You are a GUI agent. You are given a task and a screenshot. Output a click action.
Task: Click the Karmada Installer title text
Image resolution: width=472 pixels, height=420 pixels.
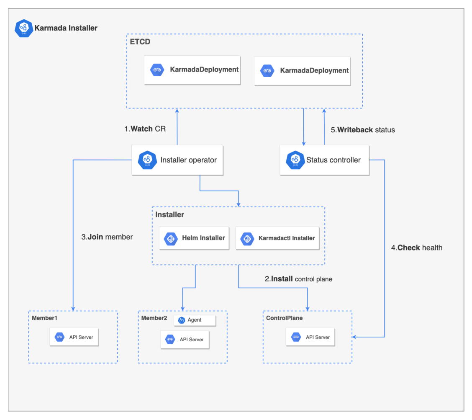click(x=66, y=28)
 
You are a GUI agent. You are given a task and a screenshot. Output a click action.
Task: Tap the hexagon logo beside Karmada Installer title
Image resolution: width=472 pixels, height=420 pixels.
click(x=24, y=28)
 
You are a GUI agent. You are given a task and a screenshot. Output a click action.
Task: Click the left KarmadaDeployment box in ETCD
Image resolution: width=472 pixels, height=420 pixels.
click(x=192, y=70)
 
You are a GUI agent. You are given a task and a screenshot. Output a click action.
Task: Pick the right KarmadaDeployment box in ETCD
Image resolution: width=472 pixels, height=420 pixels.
click(x=303, y=70)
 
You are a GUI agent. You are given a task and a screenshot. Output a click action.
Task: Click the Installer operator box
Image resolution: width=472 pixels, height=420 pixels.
click(x=177, y=160)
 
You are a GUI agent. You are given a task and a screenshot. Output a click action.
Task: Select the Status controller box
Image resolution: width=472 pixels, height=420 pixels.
click(x=324, y=160)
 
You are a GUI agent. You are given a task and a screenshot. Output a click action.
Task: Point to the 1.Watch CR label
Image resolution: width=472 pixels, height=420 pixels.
click(x=145, y=129)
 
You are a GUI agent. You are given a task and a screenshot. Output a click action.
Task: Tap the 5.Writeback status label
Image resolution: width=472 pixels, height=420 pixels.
click(x=363, y=130)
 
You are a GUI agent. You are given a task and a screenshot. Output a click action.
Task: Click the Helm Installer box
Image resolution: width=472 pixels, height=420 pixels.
click(x=194, y=238)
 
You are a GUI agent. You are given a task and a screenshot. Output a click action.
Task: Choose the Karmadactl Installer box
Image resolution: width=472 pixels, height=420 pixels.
click(x=277, y=238)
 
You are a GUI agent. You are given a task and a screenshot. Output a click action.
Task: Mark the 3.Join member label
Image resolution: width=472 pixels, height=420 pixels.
click(x=107, y=237)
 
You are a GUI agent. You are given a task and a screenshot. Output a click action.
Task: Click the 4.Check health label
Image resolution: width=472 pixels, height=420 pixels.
click(x=416, y=247)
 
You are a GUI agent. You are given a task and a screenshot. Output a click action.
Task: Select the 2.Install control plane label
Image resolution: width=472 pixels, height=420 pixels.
click(x=298, y=279)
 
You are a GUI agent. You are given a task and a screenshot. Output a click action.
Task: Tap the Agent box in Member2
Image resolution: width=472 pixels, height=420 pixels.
click(x=195, y=320)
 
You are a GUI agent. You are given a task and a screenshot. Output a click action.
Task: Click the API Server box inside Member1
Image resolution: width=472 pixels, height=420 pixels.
click(x=74, y=337)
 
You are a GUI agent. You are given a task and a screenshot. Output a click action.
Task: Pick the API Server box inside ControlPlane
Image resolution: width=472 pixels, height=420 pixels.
click(x=310, y=337)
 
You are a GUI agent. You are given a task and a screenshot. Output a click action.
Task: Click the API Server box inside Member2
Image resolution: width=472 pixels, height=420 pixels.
click(x=185, y=340)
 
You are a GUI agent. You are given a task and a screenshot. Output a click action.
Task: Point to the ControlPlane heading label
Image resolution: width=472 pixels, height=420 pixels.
click(x=284, y=318)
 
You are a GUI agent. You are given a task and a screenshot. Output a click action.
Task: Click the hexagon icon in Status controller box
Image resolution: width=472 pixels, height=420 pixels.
click(x=295, y=160)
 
